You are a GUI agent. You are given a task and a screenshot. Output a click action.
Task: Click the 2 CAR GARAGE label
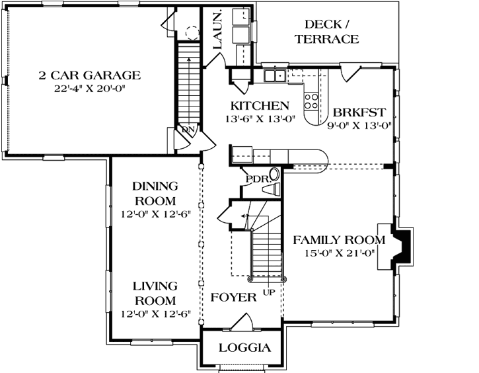[x=89, y=75]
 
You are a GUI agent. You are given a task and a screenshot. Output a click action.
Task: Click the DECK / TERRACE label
[x=326, y=32]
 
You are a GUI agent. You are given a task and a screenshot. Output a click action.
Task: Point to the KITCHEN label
[x=259, y=106]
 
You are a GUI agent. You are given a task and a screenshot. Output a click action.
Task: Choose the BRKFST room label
[x=359, y=111]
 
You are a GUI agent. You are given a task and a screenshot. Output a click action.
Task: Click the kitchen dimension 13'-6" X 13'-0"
[x=259, y=119]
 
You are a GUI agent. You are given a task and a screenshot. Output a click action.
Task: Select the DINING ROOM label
[x=155, y=193]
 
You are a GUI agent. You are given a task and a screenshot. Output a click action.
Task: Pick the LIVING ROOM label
[x=155, y=293]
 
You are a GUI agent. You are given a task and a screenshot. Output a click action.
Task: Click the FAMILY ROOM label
[x=339, y=239]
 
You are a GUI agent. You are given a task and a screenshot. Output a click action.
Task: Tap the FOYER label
[x=233, y=298]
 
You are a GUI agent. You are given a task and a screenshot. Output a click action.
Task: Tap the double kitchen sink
[x=275, y=76]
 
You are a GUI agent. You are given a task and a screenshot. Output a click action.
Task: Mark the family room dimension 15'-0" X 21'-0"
[x=339, y=252]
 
